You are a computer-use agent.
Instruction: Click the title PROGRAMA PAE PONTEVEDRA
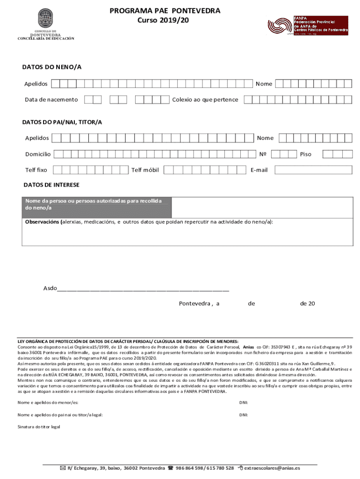pos(165,11)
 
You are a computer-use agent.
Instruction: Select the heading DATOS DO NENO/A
pos(52,67)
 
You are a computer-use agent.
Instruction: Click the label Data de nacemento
pos(51,100)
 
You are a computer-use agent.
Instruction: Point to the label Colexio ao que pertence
pos(205,100)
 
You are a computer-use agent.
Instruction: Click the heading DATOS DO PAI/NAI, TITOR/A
pos(62,122)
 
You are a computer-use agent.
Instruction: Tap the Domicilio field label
pos(38,154)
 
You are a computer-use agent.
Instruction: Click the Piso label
pos(305,154)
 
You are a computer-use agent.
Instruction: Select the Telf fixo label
pos(36,170)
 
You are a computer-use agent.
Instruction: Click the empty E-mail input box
pos(313,170)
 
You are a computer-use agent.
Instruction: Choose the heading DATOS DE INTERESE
pos(51,185)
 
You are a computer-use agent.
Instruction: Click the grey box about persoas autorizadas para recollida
pos(97,204)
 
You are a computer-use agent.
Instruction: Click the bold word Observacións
pos(42,222)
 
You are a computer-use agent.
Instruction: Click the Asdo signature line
pos(143,288)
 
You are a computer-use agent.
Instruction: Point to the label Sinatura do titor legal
pos(39,427)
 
